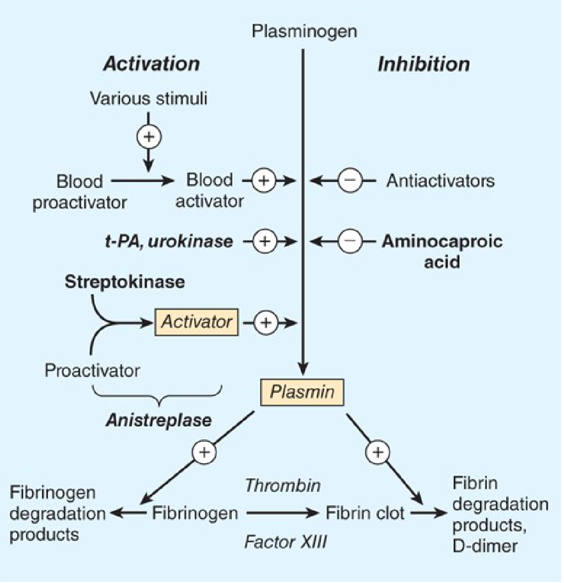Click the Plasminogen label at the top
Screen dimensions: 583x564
[x=304, y=32]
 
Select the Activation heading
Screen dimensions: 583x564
[x=152, y=64]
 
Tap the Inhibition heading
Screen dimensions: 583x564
[x=424, y=64]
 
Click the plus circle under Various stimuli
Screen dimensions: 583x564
[x=149, y=136]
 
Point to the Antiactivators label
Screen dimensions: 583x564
[x=440, y=180]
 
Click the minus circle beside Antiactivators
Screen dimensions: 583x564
[x=350, y=180]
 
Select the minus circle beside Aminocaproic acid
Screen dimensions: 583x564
[x=350, y=241]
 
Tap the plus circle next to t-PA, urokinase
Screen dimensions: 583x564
[x=265, y=241]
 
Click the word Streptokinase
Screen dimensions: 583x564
[x=125, y=282]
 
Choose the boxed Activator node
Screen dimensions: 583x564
[x=197, y=322]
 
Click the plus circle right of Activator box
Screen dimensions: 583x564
[x=266, y=323]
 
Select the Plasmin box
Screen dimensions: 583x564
[x=302, y=392]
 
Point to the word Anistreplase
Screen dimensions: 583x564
[x=159, y=420]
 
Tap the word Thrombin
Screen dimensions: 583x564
[x=283, y=486]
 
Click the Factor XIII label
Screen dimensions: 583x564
[x=285, y=542]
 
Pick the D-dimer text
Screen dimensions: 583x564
[x=485, y=546]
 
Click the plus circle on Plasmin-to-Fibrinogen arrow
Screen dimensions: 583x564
[x=204, y=452]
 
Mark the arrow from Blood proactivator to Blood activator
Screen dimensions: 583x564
[x=142, y=180]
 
